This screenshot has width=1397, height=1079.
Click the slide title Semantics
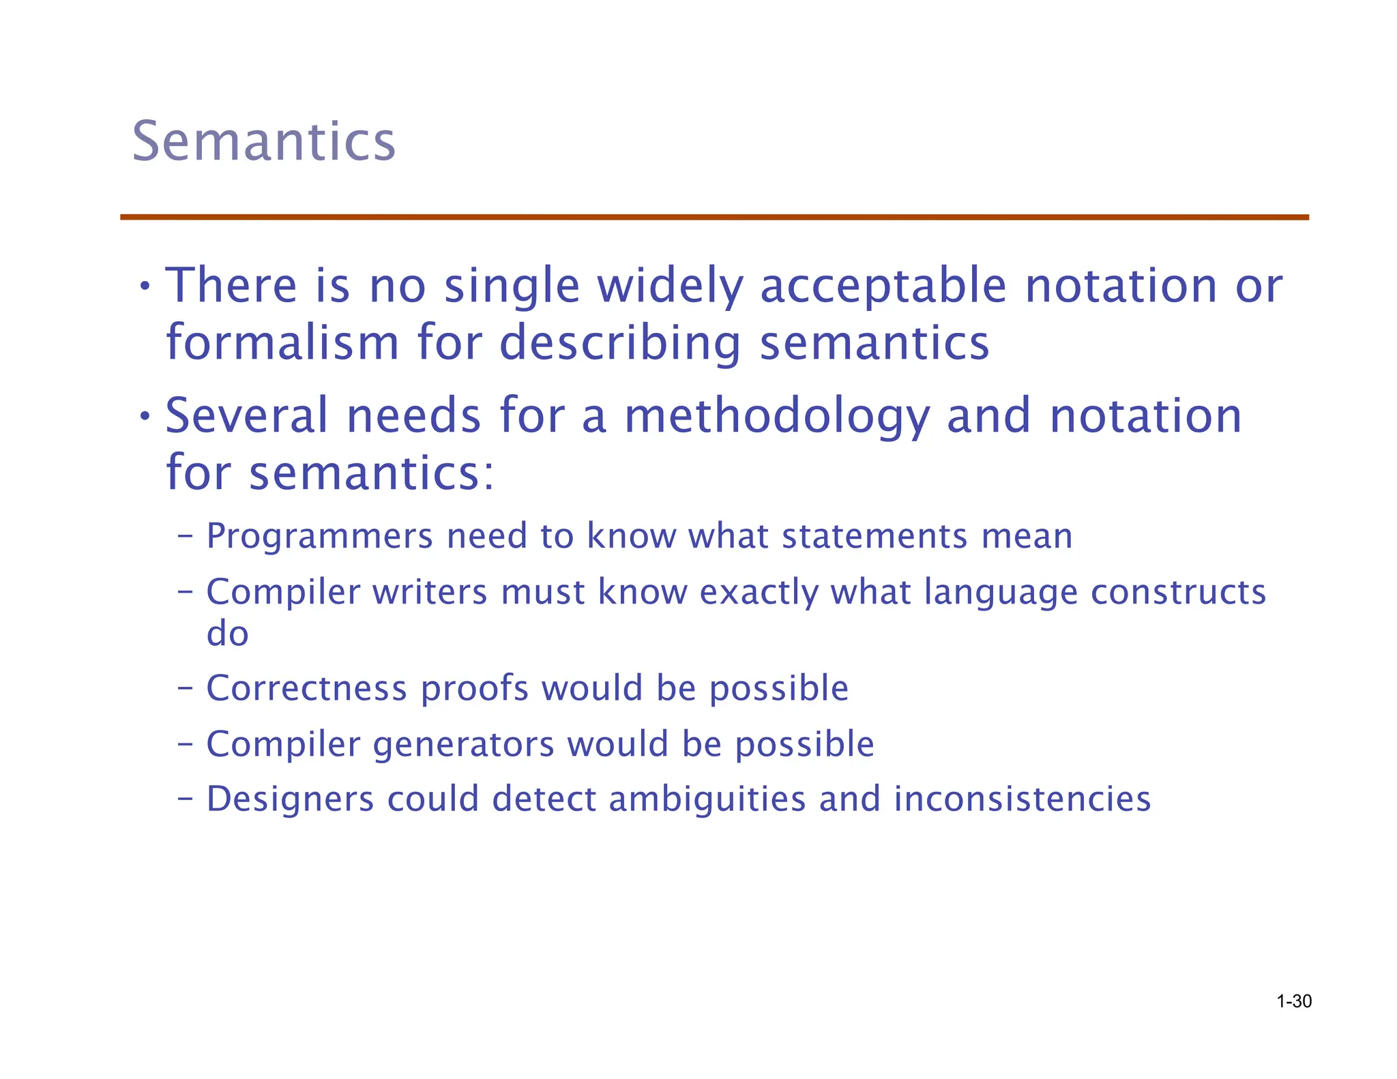pyautogui.click(x=263, y=141)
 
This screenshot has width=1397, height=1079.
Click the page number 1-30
pyautogui.click(x=1293, y=1001)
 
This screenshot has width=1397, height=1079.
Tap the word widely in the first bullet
pyautogui.click(x=670, y=286)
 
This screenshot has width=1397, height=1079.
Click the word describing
pyautogui.click(x=619, y=343)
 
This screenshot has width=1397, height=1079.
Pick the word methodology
pyautogui.click(x=777, y=417)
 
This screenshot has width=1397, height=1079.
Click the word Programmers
pyautogui.click(x=319, y=536)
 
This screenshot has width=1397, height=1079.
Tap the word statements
pyautogui.click(x=874, y=536)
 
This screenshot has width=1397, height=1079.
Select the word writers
pyautogui.click(x=430, y=591)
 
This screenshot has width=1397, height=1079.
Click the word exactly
pyautogui.click(x=759, y=592)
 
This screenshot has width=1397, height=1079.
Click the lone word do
pyautogui.click(x=227, y=634)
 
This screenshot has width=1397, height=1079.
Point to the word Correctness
pyautogui.click(x=306, y=688)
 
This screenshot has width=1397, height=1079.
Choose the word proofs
pyautogui.click(x=474, y=689)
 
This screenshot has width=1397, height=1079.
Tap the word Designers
pyautogui.click(x=290, y=799)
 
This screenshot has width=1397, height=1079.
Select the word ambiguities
pyautogui.click(x=707, y=800)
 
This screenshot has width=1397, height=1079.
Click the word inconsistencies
pyautogui.click(x=1022, y=799)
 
